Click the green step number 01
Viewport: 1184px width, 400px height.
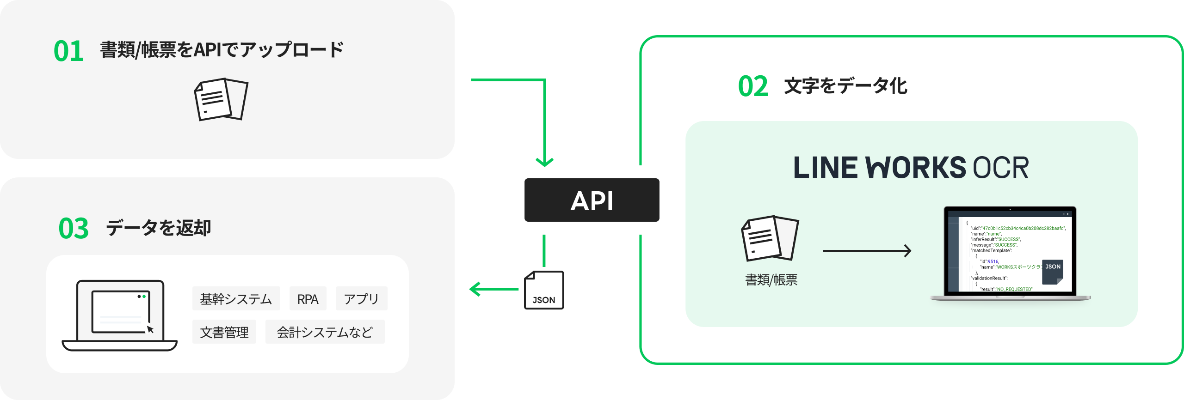[x=68, y=51]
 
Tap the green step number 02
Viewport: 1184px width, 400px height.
[x=753, y=86]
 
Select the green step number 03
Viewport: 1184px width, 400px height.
[x=74, y=228]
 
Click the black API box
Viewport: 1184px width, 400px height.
[x=592, y=200]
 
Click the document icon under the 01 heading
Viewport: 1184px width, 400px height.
[x=221, y=100]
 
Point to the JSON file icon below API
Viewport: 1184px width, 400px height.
[x=544, y=290]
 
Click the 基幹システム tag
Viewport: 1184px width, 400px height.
[x=236, y=299]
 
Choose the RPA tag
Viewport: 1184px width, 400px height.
[x=308, y=299]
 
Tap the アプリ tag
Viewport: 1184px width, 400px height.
[x=361, y=299]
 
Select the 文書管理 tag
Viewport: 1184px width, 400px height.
[x=224, y=332]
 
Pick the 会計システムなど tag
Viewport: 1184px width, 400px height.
[x=325, y=332]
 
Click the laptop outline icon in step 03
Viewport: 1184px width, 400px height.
[x=120, y=315]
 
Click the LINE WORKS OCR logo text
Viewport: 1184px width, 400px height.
[x=911, y=167]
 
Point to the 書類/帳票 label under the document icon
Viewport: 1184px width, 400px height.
[x=771, y=280]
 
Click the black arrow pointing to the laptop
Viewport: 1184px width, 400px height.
[x=867, y=251]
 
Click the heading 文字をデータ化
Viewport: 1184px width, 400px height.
[x=845, y=86]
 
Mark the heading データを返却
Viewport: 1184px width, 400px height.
[x=158, y=228]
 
